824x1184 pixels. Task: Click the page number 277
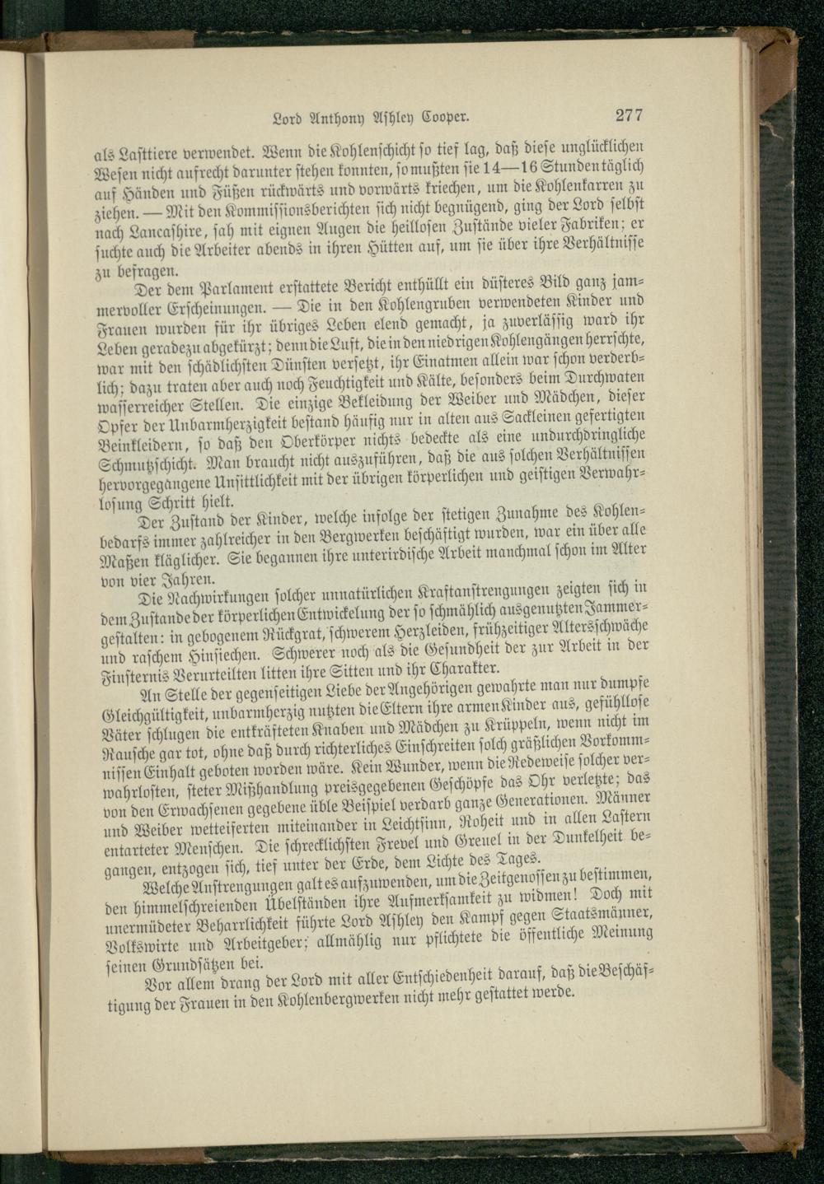(628, 115)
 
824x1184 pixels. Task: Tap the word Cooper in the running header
(444, 116)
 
